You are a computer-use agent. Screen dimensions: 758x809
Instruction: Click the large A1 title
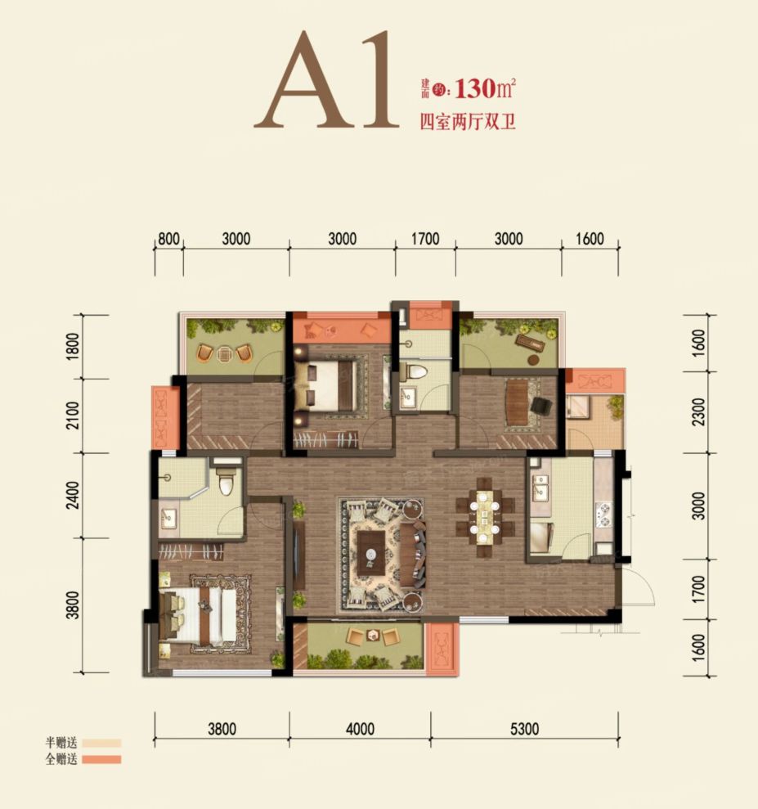tap(327, 80)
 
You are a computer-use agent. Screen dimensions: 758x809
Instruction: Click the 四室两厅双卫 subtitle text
tap(468, 122)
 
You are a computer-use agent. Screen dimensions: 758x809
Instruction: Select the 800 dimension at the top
tap(168, 239)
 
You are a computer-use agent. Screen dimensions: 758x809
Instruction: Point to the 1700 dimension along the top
tap(425, 239)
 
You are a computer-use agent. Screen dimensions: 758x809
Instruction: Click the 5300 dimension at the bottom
tap(524, 729)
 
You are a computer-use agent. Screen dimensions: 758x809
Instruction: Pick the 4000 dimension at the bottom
tap(360, 729)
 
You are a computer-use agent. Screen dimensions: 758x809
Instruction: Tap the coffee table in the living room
tap(370, 553)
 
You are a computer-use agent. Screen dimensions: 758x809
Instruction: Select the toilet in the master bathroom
tap(227, 481)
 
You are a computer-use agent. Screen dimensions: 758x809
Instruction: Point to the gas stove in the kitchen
tap(603, 515)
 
